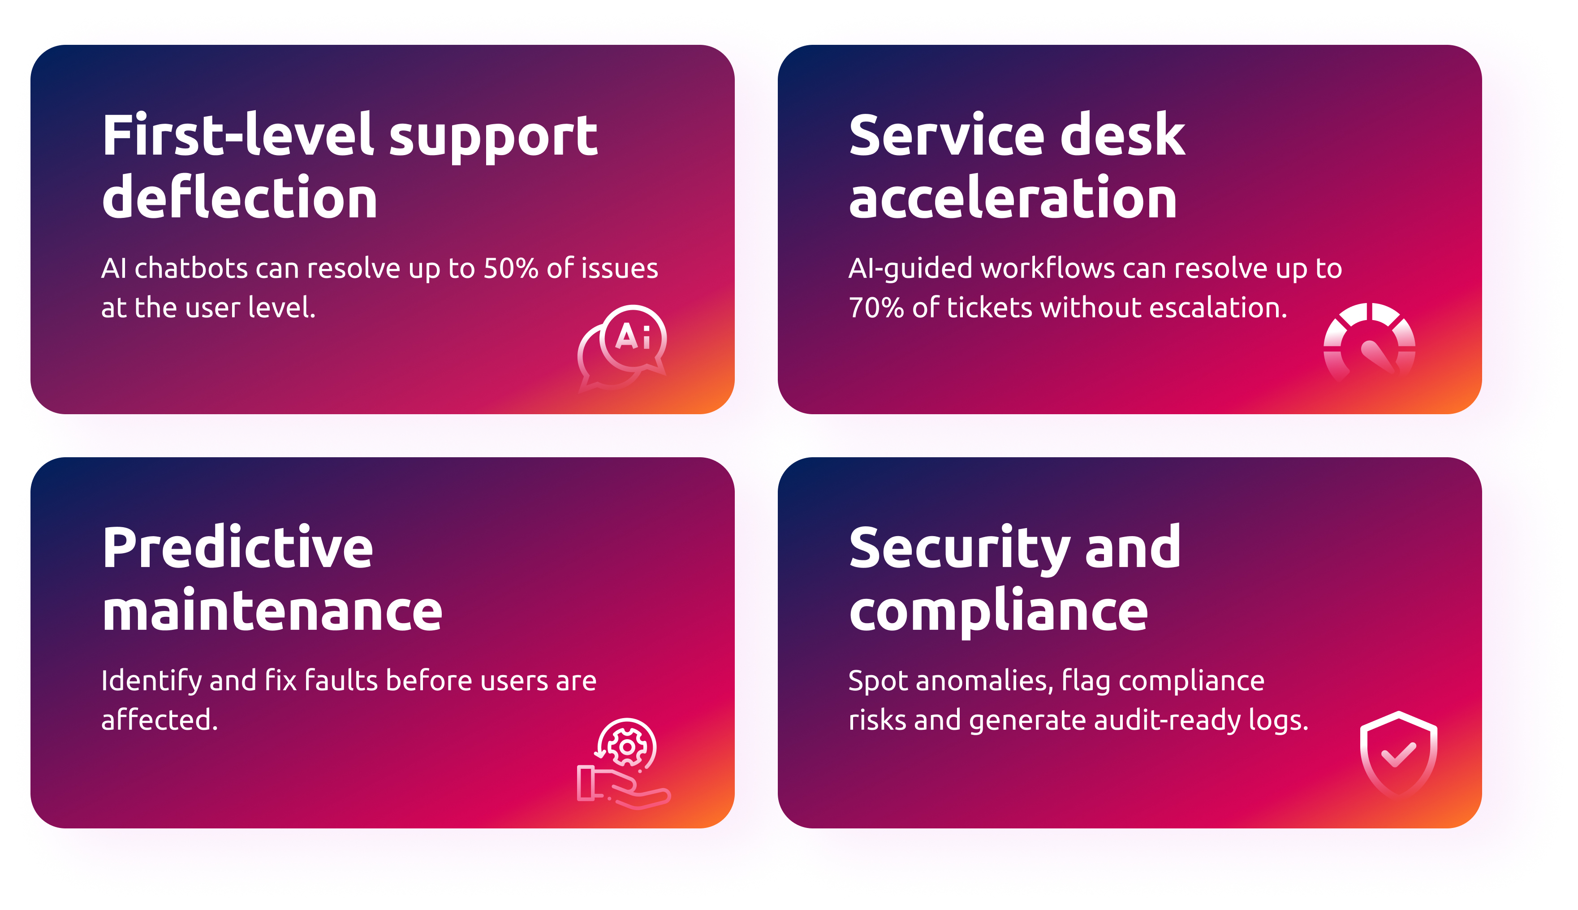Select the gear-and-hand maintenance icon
[624, 764]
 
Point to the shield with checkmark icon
[1399, 754]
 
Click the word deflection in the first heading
[240, 198]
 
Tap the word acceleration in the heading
[1013, 198]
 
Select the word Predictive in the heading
[238, 547]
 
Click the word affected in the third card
[160, 720]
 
